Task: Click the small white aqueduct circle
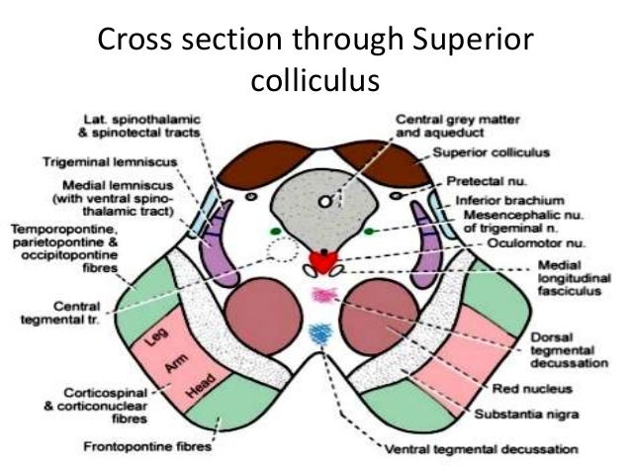pyautogui.click(x=324, y=201)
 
